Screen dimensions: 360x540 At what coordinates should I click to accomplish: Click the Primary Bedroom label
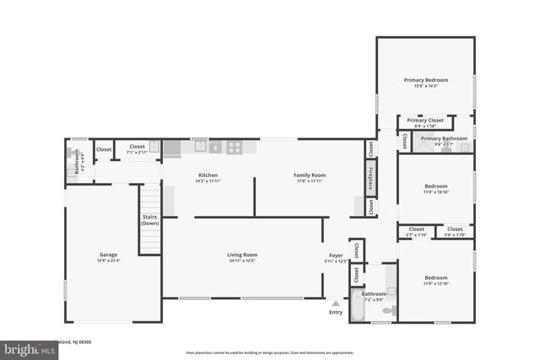tap(426, 80)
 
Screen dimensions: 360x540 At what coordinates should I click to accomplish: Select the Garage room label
tap(108, 255)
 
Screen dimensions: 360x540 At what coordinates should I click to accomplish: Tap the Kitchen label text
tap(208, 175)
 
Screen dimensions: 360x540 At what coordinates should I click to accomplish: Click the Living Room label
tap(241, 255)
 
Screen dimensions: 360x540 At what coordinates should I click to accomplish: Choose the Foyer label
tap(336, 255)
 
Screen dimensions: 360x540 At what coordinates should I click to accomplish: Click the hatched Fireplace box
tap(370, 178)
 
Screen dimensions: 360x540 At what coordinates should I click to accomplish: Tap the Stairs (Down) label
tap(149, 220)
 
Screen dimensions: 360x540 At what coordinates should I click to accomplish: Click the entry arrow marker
tap(336, 303)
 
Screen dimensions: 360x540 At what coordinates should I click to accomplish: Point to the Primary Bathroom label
tap(444, 138)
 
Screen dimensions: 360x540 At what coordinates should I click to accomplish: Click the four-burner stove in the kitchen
tap(235, 147)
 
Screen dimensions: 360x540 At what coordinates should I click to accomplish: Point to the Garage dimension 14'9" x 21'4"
tap(108, 261)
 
